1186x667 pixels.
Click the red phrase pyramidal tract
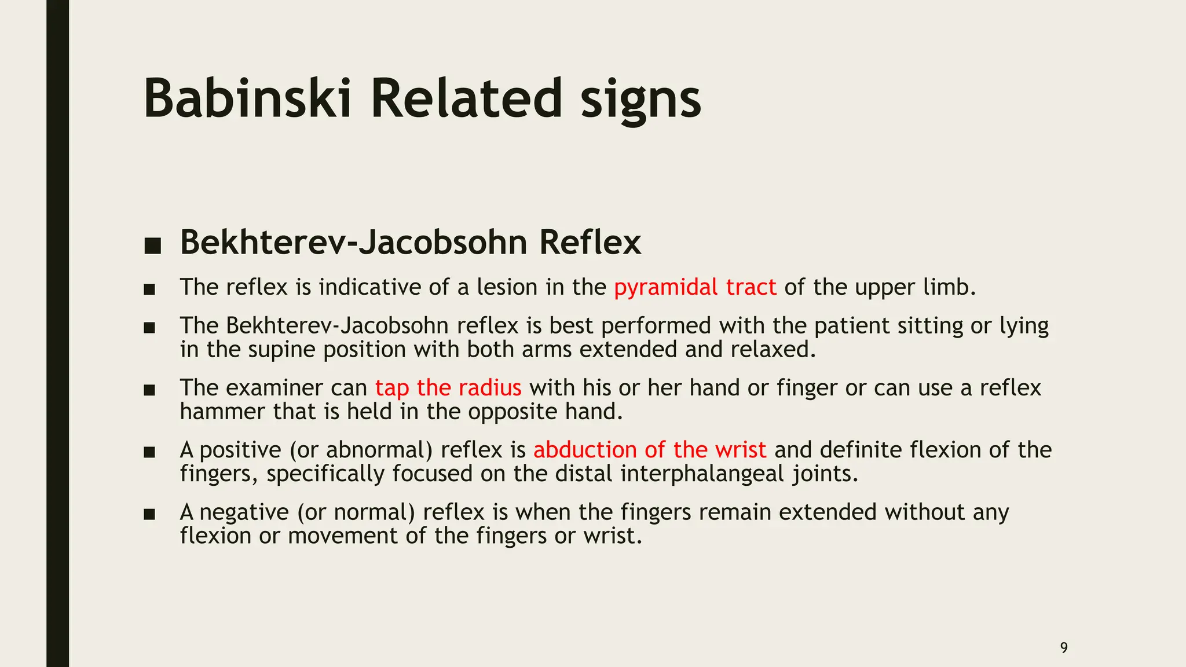coord(695,287)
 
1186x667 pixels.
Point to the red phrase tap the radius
coord(448,388)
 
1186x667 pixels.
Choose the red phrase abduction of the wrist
coord(650,450)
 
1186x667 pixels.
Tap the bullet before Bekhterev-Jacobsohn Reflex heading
coord(152,245)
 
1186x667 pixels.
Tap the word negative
coord(244,512)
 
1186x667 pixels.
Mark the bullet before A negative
coord(149,514)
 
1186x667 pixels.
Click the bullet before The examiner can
coord(149,390)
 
